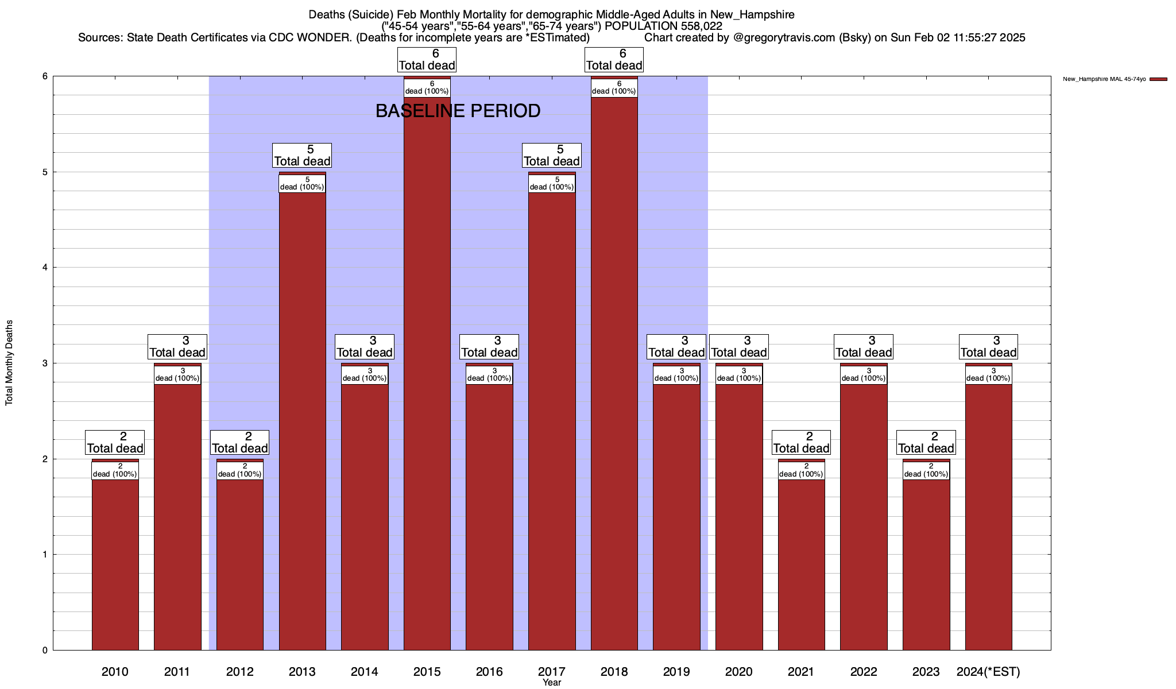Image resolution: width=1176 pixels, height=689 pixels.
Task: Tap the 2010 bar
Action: (115, 563)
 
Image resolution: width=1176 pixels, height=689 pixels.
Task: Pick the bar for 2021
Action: (801, 563)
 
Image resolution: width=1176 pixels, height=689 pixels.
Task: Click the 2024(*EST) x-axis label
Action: (988, 671)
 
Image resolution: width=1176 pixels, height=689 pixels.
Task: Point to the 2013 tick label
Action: (302, 671)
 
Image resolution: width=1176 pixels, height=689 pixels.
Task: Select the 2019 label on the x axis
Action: (676, 671)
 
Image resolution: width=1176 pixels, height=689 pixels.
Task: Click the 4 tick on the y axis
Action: (44, 268)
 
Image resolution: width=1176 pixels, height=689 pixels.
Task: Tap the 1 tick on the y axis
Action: (44, 555)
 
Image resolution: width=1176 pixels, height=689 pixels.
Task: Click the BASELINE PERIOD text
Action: (458, 111)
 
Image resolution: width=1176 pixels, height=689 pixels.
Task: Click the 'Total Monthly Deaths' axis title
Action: (9, 363)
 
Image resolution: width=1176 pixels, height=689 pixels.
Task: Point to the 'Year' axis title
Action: (552, 683)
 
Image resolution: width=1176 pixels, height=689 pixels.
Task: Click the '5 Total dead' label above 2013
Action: (302, 156)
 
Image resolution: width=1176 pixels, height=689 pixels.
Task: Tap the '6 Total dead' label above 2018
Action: (614, 60)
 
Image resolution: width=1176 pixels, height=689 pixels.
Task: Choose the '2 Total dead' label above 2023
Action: (926, 443)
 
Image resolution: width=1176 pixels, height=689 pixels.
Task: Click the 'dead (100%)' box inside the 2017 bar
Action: (552, 183)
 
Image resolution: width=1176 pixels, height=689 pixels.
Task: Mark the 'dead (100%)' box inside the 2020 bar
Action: (739, 374)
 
